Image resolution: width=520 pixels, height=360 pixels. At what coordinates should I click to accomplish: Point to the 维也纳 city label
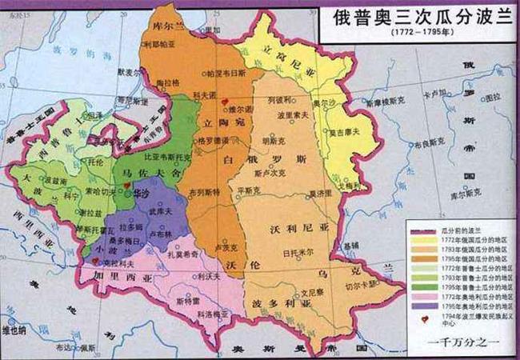(x=18, y=328)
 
